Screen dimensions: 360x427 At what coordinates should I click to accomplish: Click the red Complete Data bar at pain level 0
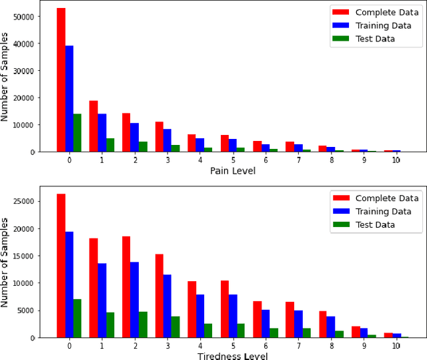[x=61, y=80]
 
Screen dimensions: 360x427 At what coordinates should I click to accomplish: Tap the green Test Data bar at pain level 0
[x=77, y=133]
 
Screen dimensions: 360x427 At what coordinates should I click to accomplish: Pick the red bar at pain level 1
[x=93, y=126]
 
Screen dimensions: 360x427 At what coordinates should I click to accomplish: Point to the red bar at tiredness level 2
[x=126, y=287]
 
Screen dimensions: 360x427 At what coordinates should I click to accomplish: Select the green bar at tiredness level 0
[x=77, y=319]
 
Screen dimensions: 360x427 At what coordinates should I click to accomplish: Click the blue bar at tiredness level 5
[x=233, y=316]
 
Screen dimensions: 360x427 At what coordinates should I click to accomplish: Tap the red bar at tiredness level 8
[x=322, y=325]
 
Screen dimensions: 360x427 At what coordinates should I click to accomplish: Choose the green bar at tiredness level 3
[x=175, y=327]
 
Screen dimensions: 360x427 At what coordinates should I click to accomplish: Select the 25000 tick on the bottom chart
[x=27, y=202]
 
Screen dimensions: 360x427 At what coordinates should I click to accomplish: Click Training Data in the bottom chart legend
[x=374, y=211]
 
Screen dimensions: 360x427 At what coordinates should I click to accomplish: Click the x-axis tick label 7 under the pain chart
[x=298, y=160]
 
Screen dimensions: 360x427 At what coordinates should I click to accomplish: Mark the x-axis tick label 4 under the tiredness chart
[x=200, y=346]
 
